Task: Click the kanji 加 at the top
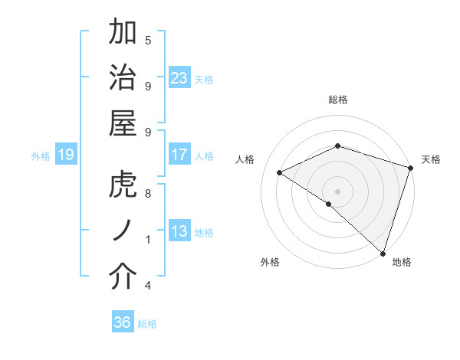coord(123,34)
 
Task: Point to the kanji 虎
coord(123,185)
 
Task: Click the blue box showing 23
coord(179,78)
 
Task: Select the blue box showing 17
coord(179,155)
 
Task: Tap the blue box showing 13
coord(179,231)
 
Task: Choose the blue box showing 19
coord(65,155)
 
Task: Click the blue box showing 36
coord(122,322)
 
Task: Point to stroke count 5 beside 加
coord(148,40)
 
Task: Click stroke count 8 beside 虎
coord(148,194)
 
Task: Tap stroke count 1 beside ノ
coord(148,240)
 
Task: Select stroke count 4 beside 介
coord(148,286)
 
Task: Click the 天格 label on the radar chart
coord(432,159)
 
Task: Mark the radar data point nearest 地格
coord(383,254)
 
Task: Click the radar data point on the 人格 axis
coord(280,173)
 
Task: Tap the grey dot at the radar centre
coord(337,191)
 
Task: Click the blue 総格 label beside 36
coord(147,324)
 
